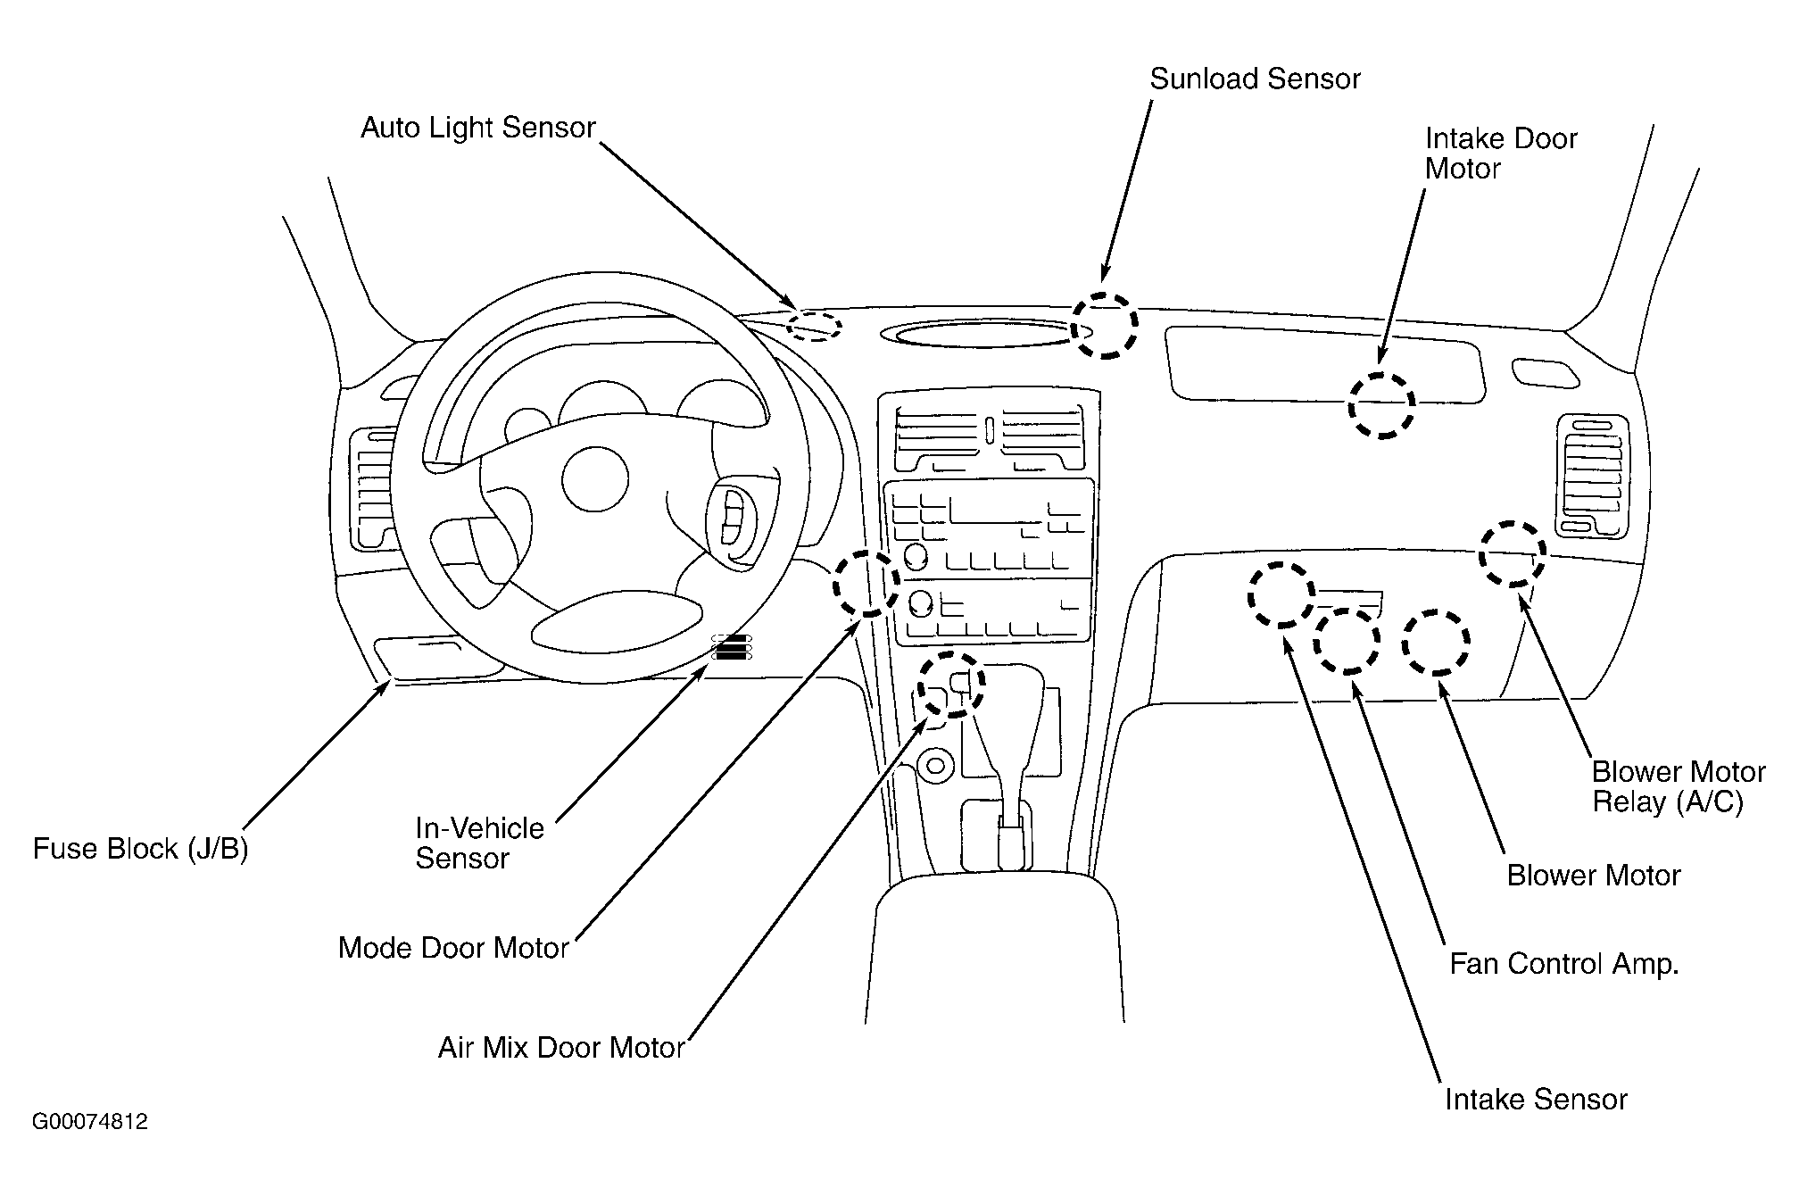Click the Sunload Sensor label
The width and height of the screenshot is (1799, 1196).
[x=1255, y=79]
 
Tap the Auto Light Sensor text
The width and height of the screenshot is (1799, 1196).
[x=477, y=128]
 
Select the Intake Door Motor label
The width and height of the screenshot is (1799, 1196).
[x=1501, y=154]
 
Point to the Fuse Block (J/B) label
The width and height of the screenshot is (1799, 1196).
[x=140, y=848]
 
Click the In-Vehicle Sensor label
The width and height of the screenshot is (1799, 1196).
[x=479, y=843]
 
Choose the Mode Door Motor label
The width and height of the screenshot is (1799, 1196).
[x=453, y=947]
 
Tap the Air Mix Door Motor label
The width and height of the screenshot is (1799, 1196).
[x=561, y=1047]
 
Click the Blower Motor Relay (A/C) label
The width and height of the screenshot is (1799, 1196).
[x=1679, y=786]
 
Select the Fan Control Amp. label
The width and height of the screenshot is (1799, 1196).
[x=1564, y=964]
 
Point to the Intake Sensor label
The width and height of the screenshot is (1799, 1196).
[x=1536, y=1099]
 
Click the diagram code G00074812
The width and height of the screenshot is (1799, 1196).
[x=90, y=1122]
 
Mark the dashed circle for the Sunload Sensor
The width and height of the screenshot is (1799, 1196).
[x=1105, y=325]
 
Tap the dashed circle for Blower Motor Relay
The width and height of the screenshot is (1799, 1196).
[x=1513, y=553]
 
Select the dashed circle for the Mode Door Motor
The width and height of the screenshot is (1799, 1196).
[x=866, y=583]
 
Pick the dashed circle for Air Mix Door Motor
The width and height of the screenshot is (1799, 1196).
[x=951, y=684]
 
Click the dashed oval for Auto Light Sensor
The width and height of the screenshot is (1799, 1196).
[x=814, y=325]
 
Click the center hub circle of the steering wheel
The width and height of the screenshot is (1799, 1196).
[x=595, y=478]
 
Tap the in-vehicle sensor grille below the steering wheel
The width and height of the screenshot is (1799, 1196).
[x=732, y=648]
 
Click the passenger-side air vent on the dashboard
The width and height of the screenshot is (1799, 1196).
[x=1592, y=476]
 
